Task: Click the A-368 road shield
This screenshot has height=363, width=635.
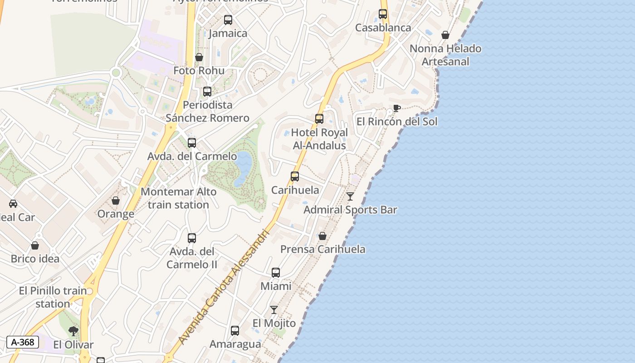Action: [22, 342]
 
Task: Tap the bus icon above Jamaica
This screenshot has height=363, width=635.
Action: [228, 20]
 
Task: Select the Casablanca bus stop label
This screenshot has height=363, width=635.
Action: [383, 28]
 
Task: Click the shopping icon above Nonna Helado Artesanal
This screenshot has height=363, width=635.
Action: [445, 35]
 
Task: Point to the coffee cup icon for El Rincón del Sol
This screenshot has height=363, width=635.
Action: [396, 108]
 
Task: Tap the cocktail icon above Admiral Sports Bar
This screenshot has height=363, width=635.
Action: [350, 196]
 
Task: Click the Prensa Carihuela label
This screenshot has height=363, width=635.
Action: [322, 249]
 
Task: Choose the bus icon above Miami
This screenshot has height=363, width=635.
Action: [276, 273]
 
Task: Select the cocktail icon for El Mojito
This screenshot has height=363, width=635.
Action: [274, 310]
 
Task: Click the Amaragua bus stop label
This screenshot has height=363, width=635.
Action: [235, 344]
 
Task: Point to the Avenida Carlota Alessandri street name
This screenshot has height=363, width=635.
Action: [224, 287]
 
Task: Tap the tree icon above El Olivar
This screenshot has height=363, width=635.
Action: [73, 331]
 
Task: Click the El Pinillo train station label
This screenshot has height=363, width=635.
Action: [53, 297]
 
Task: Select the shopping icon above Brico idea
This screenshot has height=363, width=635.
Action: [35, 245]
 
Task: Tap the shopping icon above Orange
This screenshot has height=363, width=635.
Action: [116, 201]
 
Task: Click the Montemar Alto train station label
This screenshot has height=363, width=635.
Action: [178, 198]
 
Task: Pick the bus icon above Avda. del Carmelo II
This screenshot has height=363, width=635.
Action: [192, 238]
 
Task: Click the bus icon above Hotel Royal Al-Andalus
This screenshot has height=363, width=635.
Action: [319, 119]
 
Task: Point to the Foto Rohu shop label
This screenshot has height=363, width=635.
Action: [199, 71]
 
